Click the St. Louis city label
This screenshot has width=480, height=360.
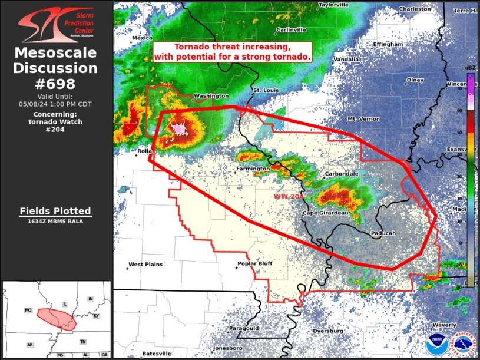pyautogui.click(x=265, y=90)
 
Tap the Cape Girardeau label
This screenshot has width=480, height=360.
pyautogui.click(x=327, y=213)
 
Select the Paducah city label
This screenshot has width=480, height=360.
pyautogui.click(x=383, y=233)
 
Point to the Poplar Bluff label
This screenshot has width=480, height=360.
pyautogui.click(x=254, y=263)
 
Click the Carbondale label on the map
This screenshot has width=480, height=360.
pyautogui.click(x=342, y=174)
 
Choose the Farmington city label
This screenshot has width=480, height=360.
pyautogui.click(x=253, y=169)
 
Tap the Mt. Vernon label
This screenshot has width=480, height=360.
pyautogui.click(x=362, y=119)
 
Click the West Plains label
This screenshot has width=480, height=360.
pyautogui.click(x=145, y=265)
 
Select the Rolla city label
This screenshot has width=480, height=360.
pyautogui.click(x=144, y=151)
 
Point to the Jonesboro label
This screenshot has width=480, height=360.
pyautogui.click(x=229, y=348)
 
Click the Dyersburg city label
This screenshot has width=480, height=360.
pyautogui.click(x=328, y=331)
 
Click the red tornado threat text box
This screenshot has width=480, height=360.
pyautogui.click(x=232, y=52)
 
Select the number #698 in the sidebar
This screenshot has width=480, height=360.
pyautogui.click(x=55, y=83)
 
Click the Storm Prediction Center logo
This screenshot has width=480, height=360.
pyautogui.click(x=55, y=24)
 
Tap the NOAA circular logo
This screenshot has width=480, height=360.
pyautogui.click(x=436, y=344)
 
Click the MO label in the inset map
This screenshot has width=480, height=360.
pyautogui.click(x=28, y=310)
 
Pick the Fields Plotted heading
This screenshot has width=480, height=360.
pyautogui.click(x=55, y=211)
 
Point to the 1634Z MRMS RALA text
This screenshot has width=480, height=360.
pyautogui.click(x=55, y=222)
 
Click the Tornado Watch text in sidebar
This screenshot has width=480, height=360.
pyautogui.click(x=55, y=122)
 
